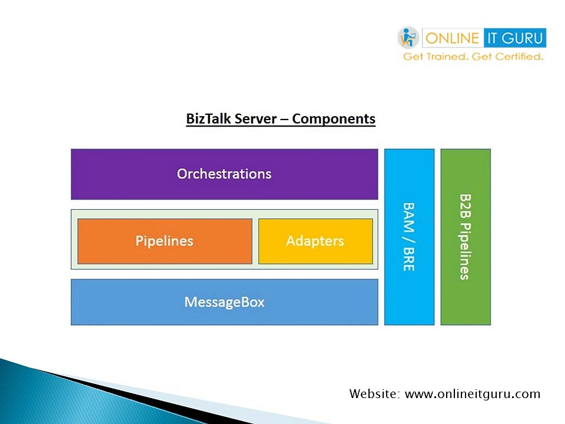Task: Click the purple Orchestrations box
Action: tap(224, 174)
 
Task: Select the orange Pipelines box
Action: tap(164, 241)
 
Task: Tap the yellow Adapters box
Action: tap(315, 241)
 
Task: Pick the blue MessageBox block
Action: tap(224, 302)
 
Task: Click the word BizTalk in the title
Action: tap(208, 118)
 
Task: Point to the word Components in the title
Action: tap(334, 118)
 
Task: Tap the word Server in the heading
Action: tap(255, 118)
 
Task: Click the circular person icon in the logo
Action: tap(408, 38)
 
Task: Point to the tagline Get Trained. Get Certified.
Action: tap(473, 57)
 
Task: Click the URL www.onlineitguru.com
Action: tap(473, 394)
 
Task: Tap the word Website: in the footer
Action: tap(375, 394)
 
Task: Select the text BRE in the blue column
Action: tap(408, 259)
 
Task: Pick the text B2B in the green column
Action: tap(465, 206)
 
